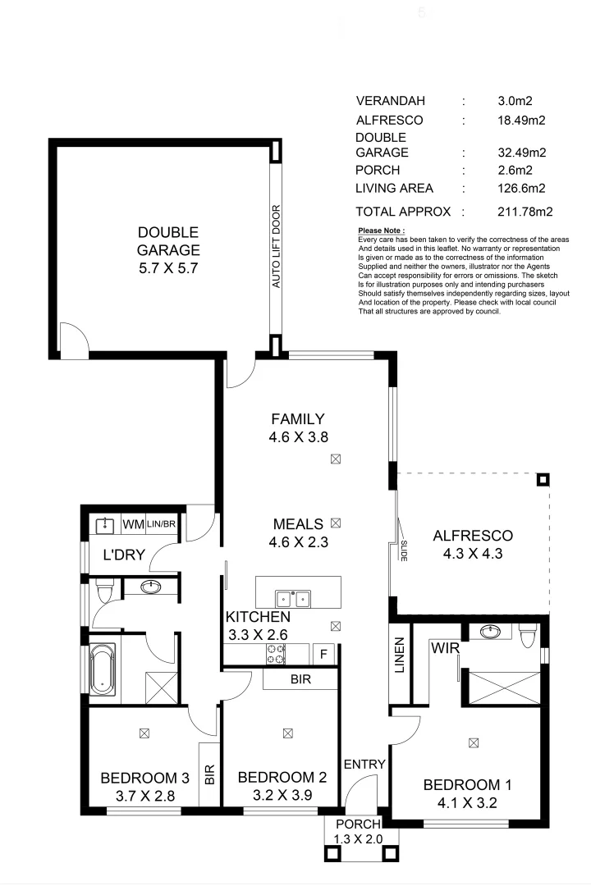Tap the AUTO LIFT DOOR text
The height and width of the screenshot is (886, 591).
[x=277, y=246]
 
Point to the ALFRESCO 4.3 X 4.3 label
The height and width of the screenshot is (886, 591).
[x=472, y=545]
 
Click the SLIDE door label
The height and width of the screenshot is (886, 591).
[x=405, y=549]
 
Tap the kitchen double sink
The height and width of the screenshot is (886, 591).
[x=292, y=598]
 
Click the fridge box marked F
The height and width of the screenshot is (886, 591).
[x=323, y=654]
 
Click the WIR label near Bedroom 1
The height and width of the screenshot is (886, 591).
[x=444, y=648]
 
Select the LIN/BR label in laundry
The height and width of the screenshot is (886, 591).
[x=162, y=523]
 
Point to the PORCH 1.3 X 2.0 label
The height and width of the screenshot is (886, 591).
[x=358, y=831]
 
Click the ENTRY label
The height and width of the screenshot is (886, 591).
[x=364, y=765]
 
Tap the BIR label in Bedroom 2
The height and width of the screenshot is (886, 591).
[x=300, y=679]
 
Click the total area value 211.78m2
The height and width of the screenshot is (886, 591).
[x=525, y=212]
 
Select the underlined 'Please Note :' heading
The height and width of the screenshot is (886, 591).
[x=382, y=231]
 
